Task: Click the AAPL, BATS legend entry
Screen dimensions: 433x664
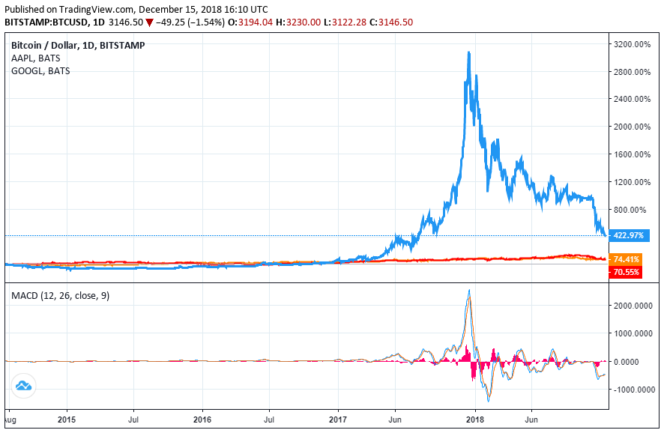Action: [x=36, y=58]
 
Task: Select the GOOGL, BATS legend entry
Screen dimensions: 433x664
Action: [x=40, y=71]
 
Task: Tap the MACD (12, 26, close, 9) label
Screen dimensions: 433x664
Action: [x=60, y=296]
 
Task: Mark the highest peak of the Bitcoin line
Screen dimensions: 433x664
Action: [x=468, y=52]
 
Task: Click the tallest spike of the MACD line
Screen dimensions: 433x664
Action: [x=469, y=290]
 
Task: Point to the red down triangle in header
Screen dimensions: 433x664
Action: [x=150, y=23]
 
